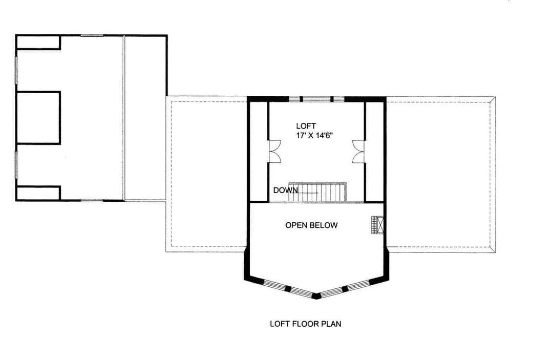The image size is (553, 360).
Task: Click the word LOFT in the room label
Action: (306, 126)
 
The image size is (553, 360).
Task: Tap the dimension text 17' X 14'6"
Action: (315, 135)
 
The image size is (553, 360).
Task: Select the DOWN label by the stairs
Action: (285, 190)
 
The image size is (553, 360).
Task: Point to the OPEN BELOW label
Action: (311, 225)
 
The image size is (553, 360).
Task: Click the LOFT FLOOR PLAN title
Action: (305, 324)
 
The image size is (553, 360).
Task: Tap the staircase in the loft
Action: (317, 192)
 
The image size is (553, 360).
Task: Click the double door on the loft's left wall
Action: (274, 152)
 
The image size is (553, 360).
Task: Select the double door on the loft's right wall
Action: (358, 152)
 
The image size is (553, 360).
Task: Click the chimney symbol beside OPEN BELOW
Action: (377, 225)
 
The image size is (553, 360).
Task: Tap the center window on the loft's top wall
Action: (317, 99)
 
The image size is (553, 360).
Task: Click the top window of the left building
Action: (92, 35)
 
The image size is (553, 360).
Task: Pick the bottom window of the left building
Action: (92, 200)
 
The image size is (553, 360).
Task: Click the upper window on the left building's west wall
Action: (16, 70)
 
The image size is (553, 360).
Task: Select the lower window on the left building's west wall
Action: (16, 165)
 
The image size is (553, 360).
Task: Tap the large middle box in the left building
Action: (38, 118)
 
